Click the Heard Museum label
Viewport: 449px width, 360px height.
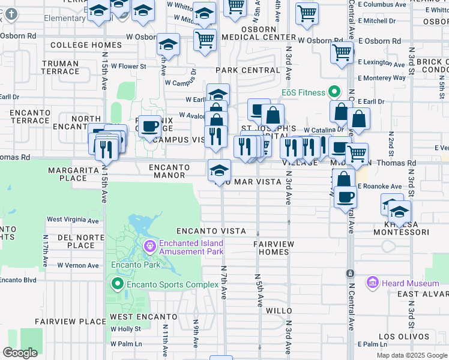(x=411, y=283)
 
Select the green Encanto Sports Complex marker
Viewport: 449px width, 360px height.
(x=116, y=283)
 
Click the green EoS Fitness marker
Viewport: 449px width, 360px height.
(x=334, y=92)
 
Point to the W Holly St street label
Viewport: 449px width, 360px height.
(x=125, y=329)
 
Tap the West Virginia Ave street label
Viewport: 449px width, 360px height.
(x=73, y=220)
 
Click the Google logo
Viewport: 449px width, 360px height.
(x=20, y=352)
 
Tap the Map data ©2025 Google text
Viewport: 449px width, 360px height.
(x=412, y=355)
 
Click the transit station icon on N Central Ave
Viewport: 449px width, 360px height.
(x=349, y=274)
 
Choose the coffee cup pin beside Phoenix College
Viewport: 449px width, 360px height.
(x=149, y=126)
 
